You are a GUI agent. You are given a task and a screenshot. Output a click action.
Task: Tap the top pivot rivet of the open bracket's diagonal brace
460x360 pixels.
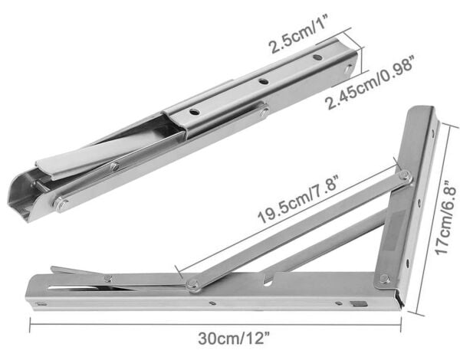405,177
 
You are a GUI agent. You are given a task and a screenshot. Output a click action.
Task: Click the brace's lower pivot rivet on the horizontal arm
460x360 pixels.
193,285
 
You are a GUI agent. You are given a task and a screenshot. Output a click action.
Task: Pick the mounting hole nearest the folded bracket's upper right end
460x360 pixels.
317,57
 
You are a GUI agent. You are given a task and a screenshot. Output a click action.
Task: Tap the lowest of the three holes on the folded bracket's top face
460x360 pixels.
196,112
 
